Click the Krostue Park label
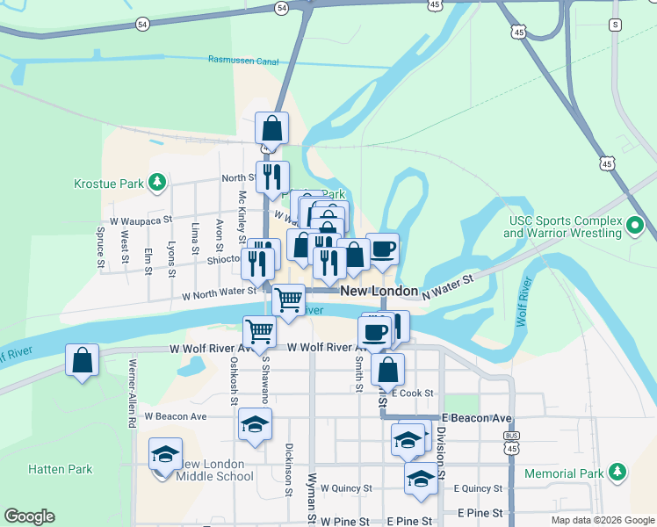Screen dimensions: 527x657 [108, 184]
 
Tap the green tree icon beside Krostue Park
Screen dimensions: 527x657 [157, 183]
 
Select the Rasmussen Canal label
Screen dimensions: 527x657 [243, 60]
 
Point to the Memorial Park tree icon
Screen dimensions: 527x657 [617, 473]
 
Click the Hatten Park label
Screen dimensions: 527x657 [60, 469]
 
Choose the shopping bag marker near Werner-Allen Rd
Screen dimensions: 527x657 [83, 360]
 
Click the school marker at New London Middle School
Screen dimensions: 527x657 [165, 453]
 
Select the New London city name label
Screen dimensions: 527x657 [379, 291]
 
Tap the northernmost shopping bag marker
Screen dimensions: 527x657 [272, 128]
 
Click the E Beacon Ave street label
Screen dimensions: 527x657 [477, 417]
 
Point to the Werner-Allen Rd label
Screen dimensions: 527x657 [132, 393]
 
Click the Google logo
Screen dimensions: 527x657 [30, 516]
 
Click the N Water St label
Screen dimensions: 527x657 [450, 285]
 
